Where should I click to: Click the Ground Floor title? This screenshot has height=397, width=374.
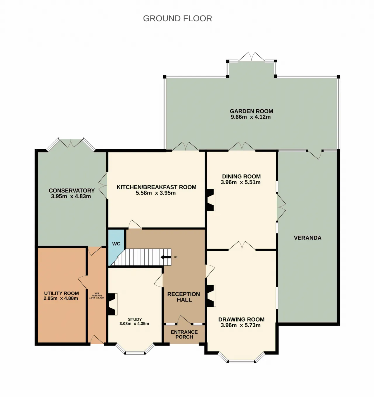177,19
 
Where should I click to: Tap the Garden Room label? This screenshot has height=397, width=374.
251,111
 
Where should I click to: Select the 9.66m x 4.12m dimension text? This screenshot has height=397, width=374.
251,117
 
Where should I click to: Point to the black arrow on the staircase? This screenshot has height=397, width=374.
166,257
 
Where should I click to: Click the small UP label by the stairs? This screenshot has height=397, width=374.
176,257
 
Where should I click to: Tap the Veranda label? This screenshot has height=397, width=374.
308,238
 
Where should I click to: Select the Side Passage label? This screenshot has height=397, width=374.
97,294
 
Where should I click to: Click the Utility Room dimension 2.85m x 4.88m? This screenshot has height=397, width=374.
61,298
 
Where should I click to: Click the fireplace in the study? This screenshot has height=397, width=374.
112,304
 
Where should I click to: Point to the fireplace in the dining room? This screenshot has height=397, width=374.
211,200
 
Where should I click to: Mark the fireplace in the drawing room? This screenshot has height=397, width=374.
211,296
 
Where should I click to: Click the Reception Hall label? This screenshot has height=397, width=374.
183,297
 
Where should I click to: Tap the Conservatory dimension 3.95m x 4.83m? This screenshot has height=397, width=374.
71,196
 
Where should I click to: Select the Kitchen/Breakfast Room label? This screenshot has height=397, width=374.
156,187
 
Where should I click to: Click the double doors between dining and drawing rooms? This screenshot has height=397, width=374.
242,246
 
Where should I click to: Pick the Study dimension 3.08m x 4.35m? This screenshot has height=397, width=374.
134,323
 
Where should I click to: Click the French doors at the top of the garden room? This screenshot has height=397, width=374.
252,57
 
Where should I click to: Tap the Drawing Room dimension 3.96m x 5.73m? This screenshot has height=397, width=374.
240,325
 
